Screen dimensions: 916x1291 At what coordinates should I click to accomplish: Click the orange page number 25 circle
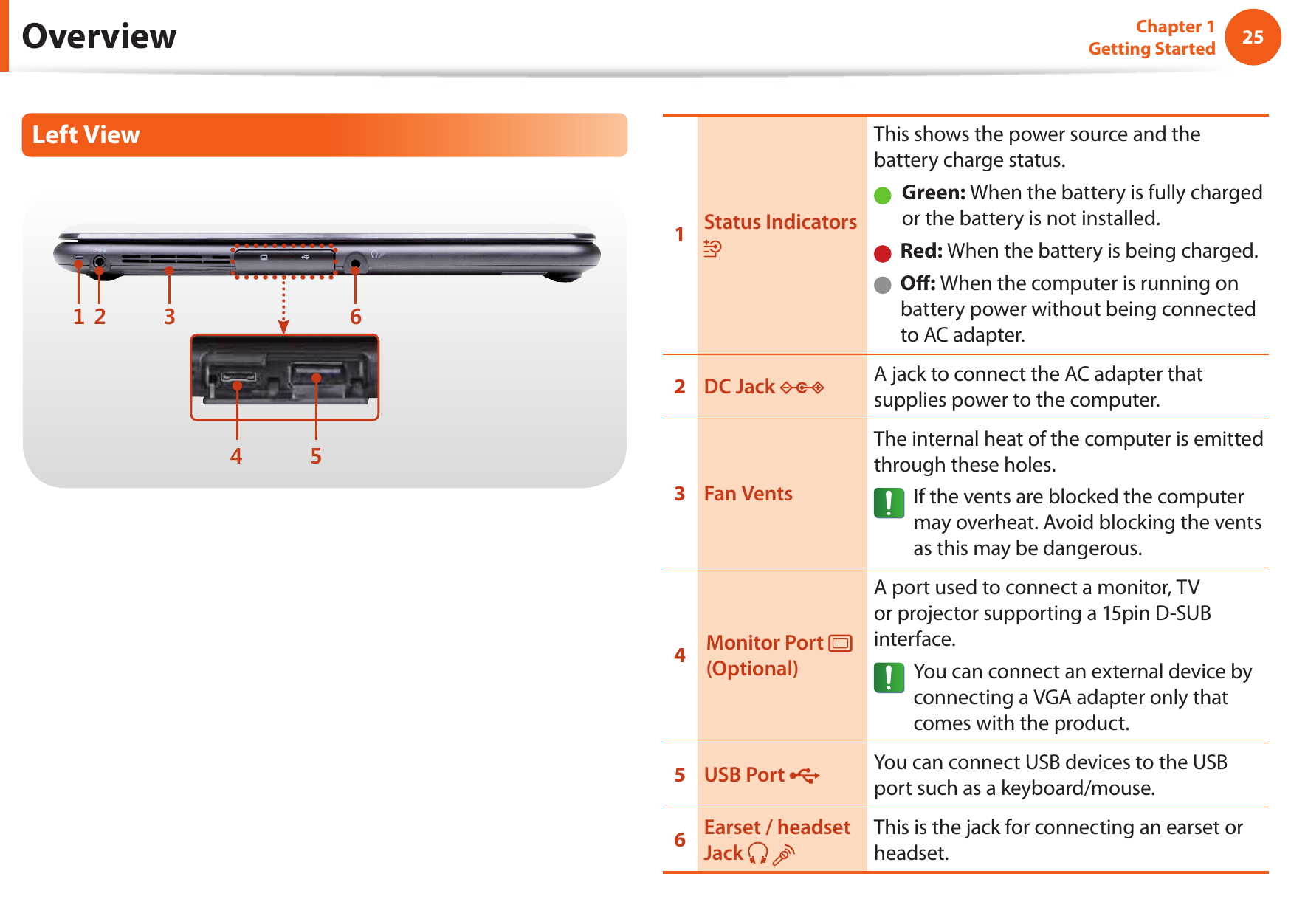[x=1253, y=37]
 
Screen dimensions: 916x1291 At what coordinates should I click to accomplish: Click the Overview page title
[x=99, y=36]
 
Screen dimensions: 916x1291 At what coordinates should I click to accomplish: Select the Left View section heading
[x=86, y=135]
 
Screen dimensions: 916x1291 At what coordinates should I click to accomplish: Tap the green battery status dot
[x=883, y=195]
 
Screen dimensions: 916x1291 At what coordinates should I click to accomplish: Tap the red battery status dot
[x=883, y=254]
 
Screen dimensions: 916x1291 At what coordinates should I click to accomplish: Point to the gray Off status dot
[x=883, y=286]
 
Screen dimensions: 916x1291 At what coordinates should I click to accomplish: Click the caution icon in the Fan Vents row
[x=889, y=503]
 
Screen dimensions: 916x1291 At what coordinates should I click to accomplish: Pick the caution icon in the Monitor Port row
[x=889, y=678]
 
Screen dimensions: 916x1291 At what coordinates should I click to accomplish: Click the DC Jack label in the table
[x=739, y=387]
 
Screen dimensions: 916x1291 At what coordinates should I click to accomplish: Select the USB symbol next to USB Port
[x=805, y=776]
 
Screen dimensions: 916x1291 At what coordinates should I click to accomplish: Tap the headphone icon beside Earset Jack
[x=758, y=854]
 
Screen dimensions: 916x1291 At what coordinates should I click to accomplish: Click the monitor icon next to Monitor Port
[x=840, y=644]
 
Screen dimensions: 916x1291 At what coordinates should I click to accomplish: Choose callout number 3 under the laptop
[x=170, y=317]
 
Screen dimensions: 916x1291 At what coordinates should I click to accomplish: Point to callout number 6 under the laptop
[x=356, y=317]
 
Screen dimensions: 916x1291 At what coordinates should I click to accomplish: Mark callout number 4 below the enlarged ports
[x=236, y=456]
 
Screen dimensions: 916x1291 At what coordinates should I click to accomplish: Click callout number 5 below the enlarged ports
[x=316, y=456]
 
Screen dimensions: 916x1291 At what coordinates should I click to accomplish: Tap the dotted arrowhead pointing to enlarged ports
[x=283, y=326]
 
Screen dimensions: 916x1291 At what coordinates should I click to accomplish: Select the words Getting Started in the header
[x=1151, y=49]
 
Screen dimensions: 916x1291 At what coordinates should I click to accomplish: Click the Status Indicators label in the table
[x=780, y=222]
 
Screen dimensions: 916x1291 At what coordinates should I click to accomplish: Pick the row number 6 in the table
[x=680, y=840]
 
